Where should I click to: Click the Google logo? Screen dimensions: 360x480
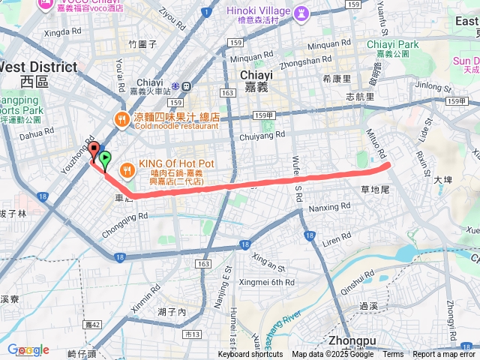[28, 349]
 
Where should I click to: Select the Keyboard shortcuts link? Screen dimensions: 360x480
[250, 355]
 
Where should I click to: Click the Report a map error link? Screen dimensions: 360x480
[444, 355]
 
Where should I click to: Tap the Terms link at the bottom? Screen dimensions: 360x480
[393, 355]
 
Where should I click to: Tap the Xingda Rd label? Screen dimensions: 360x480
[62, 33]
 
